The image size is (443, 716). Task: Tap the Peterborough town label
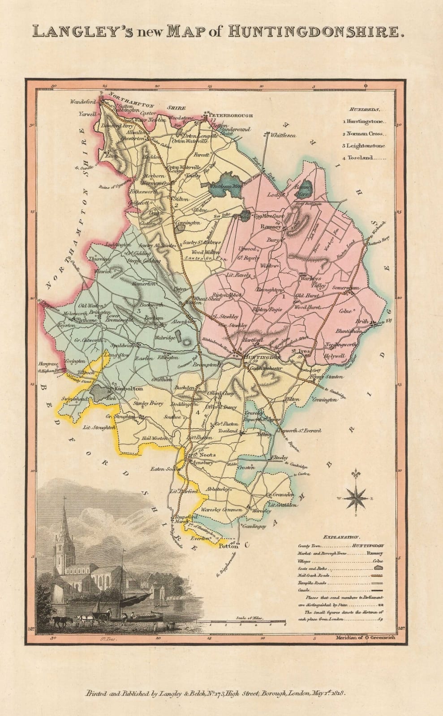click(231, 115)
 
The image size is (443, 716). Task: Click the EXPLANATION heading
click(341, 537)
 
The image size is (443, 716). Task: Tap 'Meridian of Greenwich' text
click(365, 638)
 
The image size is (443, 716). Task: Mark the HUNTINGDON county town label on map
click(263, 358)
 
